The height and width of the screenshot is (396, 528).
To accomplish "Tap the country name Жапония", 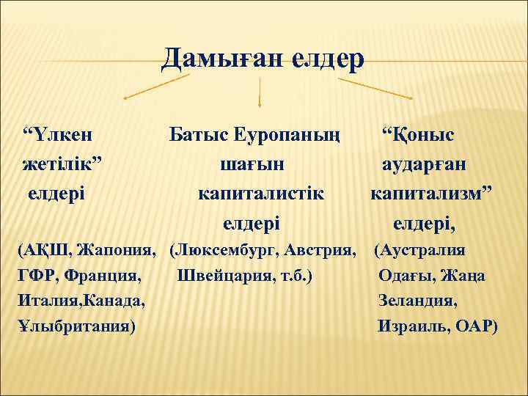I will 120,251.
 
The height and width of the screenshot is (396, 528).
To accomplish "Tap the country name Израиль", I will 413,326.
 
